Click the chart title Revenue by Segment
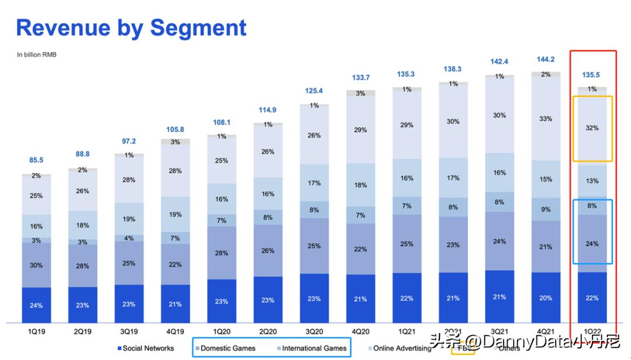[x=131, y=28]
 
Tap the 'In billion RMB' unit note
[x=36, y=55]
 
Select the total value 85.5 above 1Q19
[x=36, y=160]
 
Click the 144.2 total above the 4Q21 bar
[x=546, y=59]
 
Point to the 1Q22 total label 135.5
[x=592, y=75]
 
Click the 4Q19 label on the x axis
[x=175, y=331]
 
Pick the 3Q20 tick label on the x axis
[x=314, y=331]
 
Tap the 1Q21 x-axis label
[x=407, y=331]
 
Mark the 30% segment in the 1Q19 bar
[x=36, y=265]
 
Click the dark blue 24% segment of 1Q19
[x=36, y=305]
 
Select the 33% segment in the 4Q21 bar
[x=546, y=119]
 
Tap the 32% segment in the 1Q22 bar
[x=592, y=128]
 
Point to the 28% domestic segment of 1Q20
[x=221, y=252]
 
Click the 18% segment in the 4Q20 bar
[x=360, y=185]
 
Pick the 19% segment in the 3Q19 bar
[x=129, y=219]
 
